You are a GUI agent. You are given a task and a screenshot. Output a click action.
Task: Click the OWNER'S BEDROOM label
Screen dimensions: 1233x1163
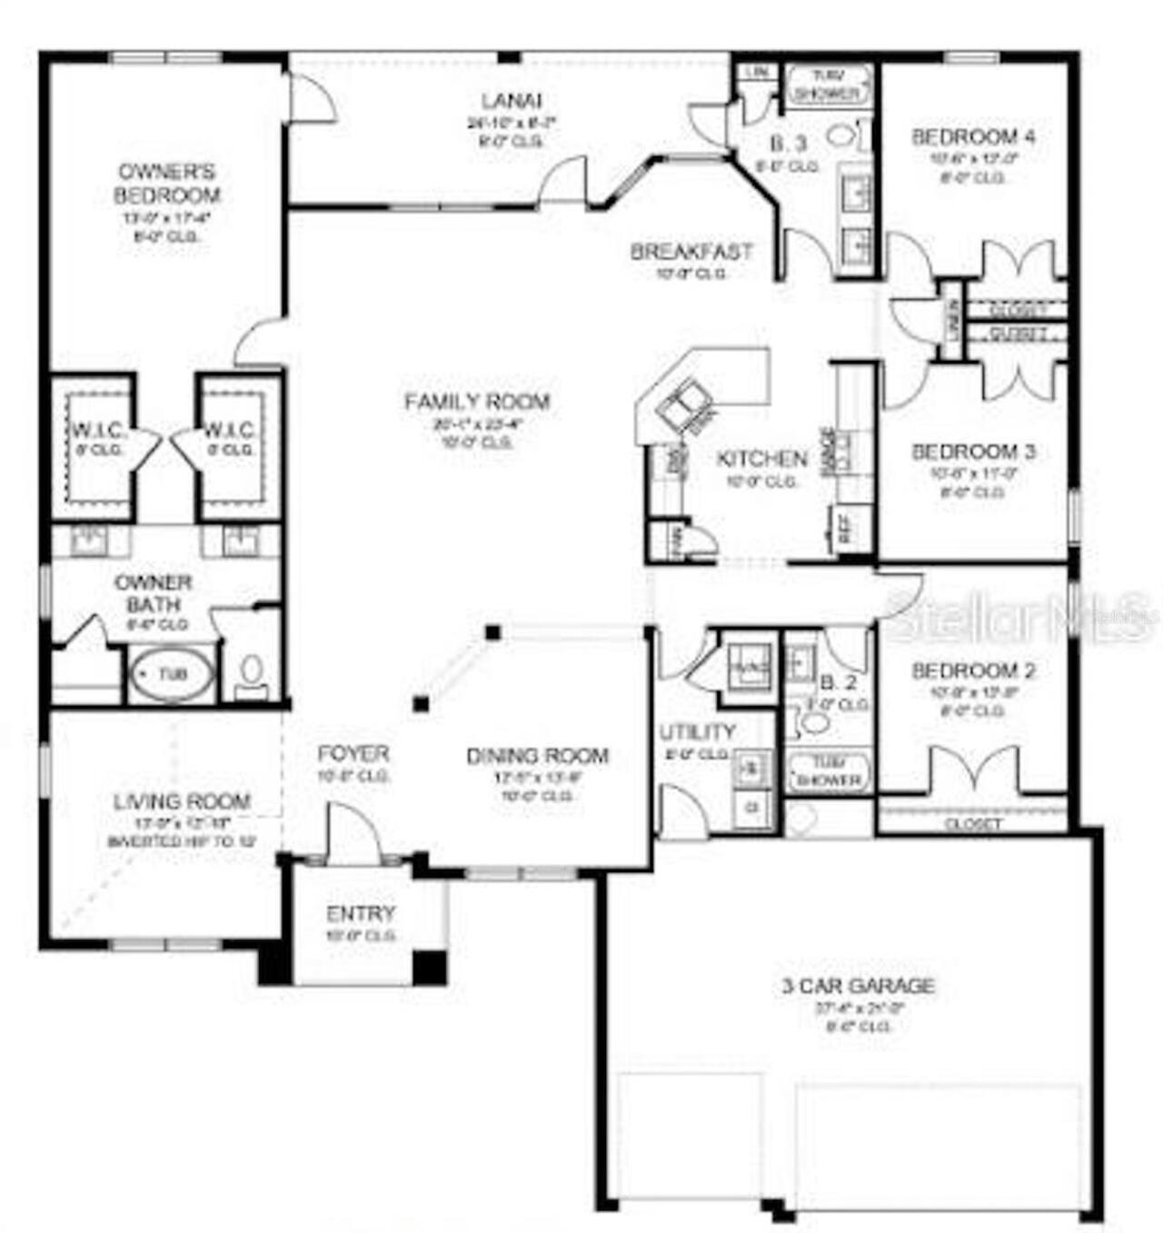166,183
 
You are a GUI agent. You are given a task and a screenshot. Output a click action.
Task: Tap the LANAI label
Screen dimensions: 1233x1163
512,101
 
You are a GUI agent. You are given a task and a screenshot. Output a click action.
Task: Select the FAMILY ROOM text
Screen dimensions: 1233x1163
477,401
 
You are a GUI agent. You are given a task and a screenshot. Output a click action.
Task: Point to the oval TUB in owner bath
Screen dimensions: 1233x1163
172,674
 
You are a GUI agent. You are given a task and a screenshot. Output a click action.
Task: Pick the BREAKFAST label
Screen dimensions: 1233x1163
691,251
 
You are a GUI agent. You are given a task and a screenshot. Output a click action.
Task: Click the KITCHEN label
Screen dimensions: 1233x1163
761,459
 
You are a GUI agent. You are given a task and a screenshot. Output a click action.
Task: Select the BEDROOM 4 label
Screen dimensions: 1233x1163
972,137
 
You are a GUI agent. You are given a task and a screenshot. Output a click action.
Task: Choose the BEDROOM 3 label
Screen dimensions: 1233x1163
972,452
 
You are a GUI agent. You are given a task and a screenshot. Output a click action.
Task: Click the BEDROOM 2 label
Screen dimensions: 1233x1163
972,671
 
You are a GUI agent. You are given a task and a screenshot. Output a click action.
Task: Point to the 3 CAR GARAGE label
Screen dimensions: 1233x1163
858,985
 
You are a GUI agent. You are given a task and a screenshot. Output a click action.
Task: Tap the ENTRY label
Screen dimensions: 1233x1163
361,913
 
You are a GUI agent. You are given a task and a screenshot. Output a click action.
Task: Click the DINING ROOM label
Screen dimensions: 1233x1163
537,755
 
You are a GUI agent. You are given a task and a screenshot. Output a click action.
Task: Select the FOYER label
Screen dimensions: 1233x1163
353,753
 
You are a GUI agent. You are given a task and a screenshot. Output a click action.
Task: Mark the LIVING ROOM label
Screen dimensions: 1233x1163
182,801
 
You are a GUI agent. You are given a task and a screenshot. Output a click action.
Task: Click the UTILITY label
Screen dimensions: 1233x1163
697,731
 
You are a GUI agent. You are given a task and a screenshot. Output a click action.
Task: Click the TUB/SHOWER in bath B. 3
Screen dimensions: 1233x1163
828,85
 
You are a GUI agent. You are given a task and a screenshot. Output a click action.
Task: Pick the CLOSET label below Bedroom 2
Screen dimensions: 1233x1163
972,824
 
